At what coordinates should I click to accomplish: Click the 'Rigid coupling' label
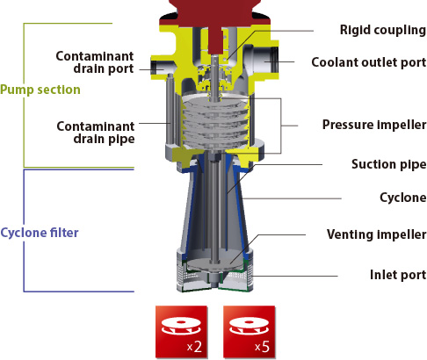(x=383, y=30)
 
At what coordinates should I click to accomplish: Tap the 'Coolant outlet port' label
(x=369, y=62)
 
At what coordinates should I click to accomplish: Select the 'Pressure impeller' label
(x=374, y=125)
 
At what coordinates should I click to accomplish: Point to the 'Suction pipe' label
(x=389, y=164)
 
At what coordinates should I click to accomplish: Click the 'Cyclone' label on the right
(x=403, y=198)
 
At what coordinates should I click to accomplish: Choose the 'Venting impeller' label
(x=376, y=234)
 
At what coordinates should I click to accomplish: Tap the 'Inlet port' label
(x=398, y=275)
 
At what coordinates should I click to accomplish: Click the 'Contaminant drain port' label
(x=95, y=62)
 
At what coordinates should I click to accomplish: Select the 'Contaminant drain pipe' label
(x=96, y=133)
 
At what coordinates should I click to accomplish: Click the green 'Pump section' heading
(x=40, y=90)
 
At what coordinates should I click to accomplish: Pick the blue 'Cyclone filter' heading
(x=40, y=233)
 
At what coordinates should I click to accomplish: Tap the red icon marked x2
(x=181, y=332)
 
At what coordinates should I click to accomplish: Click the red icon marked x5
(x=249, y=332)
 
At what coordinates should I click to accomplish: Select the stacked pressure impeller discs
(x=215, y=123)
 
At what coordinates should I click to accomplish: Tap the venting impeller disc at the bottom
(x=216, y=264)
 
